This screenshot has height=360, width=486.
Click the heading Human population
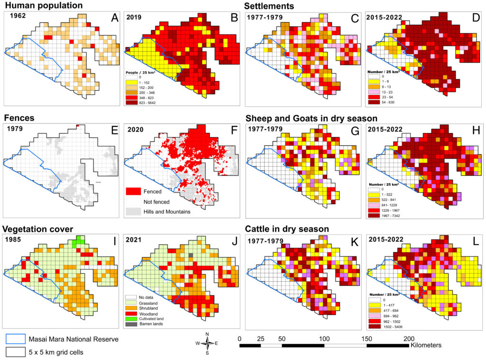(43, 6)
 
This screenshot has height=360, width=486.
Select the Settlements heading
(269, 6)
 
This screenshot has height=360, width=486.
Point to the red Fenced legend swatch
(135, 192)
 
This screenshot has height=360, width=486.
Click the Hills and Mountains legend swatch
(135, 212)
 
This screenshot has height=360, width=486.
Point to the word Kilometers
(426, 344)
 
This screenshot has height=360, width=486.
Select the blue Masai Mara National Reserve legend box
(14, 340)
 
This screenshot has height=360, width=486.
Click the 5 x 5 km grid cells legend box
(14, 352)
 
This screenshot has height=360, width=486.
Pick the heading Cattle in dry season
(287, 229)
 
